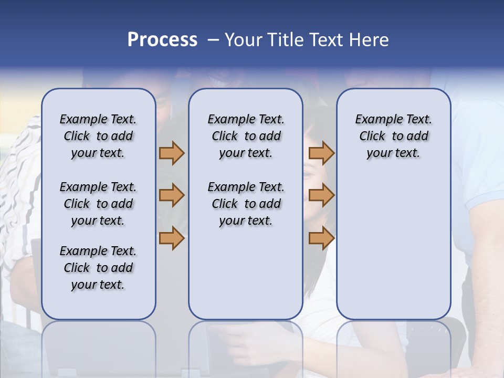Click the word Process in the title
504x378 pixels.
point(162,40)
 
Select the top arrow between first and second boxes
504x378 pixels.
point(172,153)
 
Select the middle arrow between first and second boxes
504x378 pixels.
point(172,195)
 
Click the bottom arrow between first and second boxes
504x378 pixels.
point(172,238)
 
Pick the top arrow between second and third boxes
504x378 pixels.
point(321,153)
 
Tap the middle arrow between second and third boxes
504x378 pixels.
point(321,195)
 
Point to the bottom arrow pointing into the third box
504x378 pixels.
point(321,238)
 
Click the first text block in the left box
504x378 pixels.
point(98,136)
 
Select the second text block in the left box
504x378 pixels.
point(98,204)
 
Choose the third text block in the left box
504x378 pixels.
point(98,268)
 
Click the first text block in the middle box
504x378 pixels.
point(246,136)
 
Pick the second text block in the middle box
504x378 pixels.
point(246,204)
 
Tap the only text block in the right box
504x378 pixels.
point(393,136)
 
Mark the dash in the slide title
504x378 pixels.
point(213,40)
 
